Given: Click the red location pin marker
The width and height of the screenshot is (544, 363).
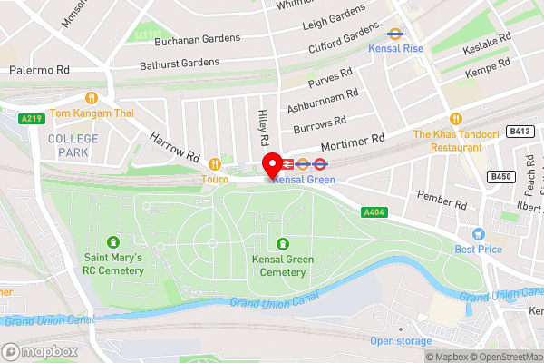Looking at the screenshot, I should [271, 166].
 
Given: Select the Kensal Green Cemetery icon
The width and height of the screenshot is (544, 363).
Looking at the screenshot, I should [283, 243].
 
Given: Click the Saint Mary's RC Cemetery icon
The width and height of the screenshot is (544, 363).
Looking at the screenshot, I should [113, 241].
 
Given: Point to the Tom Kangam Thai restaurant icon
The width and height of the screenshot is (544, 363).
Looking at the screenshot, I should [91, 97].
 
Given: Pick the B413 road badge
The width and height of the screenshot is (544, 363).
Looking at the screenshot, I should [520, 132].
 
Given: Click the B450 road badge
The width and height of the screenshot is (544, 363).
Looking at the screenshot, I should [500, 176].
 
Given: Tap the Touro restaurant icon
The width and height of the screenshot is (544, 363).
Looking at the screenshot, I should [215, 164].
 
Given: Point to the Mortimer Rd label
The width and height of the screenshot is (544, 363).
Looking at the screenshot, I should [354, 142].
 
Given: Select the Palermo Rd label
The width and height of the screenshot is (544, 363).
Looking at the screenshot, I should [39, 69].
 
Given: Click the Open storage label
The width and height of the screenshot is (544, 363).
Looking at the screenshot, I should [400, 340].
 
